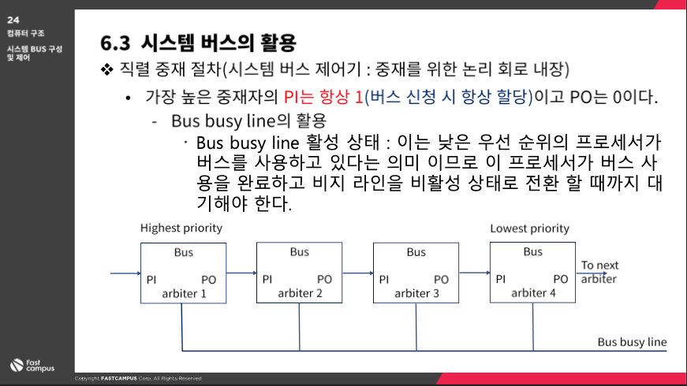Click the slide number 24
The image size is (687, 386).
point(13,20)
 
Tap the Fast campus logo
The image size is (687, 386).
point(32,366)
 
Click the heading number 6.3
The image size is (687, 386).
point(115,43)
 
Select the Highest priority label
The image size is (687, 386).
point(181,228)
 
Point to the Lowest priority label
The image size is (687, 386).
point(529,228)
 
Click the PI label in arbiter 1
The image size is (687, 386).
point(151,280)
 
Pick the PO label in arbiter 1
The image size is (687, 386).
point(208,280)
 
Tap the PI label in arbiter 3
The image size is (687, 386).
point(384,279)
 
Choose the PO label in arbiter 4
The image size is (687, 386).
point(560,279)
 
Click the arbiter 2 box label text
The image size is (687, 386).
point(300,293)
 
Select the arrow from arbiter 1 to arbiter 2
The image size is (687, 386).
point(241,273)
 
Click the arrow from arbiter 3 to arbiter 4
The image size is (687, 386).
point(475,273)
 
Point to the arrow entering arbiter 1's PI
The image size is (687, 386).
point(125,273)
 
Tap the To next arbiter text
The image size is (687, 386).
point(599,272)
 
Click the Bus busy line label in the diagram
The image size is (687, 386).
point(632,342)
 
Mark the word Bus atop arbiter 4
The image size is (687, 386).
point(532,251)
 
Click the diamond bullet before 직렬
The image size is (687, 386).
point(107,69)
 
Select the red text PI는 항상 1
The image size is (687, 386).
point(323,97)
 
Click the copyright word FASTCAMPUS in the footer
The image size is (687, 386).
point(119,379)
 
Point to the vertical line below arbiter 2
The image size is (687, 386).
point(299,327)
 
